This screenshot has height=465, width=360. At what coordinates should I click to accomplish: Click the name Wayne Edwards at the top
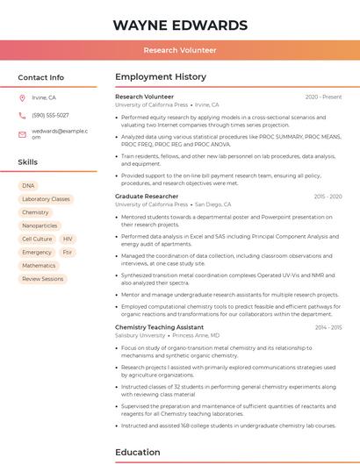coord(180,25)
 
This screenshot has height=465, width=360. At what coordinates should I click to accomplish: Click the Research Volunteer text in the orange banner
coord(180,50)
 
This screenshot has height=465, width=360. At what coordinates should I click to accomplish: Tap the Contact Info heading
coord(41,77)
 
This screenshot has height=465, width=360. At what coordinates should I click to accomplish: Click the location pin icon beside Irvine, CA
coord(22,97)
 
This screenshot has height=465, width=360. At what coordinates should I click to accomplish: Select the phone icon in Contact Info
coord(22,115)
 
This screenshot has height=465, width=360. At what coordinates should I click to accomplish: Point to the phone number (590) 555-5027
coord(50,115)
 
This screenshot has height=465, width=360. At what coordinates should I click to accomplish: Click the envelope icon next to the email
coord(22,134)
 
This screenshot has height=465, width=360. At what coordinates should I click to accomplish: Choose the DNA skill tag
coord(28,186)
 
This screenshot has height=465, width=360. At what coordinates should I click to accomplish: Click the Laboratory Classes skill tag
coord(46,199)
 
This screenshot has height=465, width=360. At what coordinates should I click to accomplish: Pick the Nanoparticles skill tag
coord(40,225)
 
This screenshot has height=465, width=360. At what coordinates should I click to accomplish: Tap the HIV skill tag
coord(68,239)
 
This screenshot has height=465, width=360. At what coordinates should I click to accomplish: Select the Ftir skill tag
coord(68,252)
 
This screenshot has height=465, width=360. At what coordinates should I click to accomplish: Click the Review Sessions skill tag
coord(43,279)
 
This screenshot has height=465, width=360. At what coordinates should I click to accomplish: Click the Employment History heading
coord(161,77)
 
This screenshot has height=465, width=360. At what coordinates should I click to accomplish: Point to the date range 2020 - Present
coord(323,97)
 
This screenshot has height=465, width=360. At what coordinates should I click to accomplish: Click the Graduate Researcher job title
coord(147,197)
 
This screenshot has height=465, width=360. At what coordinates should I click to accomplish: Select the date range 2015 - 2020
coord(328,197)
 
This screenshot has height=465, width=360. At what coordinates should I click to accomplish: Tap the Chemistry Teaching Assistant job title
coord(159,327)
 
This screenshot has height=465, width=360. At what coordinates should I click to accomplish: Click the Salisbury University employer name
coord(140,335)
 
